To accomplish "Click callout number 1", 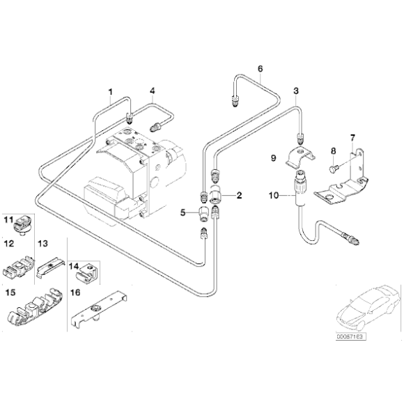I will pos(109,91).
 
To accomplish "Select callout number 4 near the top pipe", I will pos(152,91).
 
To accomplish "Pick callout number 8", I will pos(333,150).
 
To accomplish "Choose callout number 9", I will pos(274,158).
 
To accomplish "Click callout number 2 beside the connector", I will pos(240,196).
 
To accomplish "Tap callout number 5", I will pos(184,212).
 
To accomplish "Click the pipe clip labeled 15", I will pos(35,310).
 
